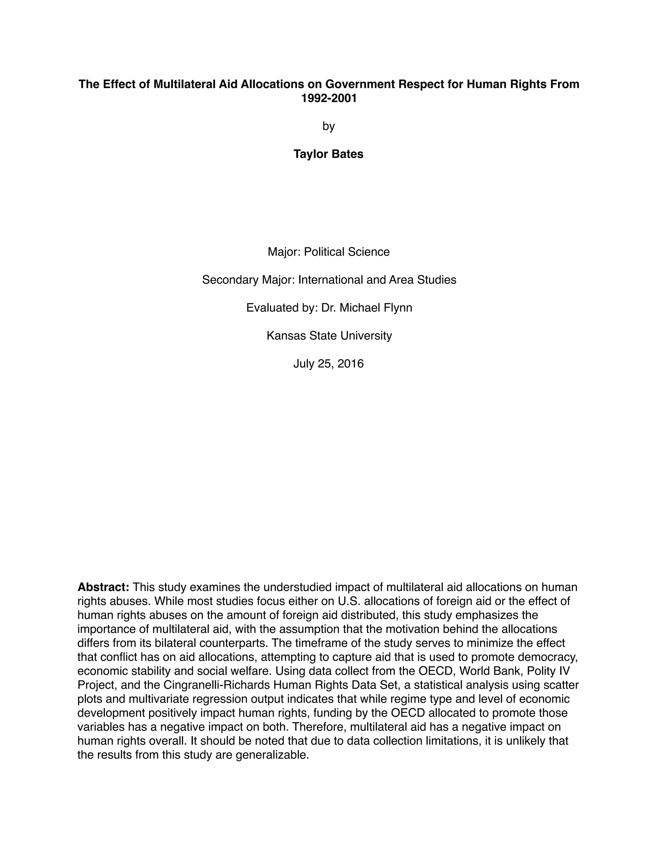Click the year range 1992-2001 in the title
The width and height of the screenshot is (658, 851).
[x=329, y=98]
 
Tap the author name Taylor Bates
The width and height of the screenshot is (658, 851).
[x=328, y=154]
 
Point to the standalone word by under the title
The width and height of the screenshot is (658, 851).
[x=329, y=126]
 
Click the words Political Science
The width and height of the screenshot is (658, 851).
[x=347, y=252]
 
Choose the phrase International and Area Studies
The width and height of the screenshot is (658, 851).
[x=377, y=280]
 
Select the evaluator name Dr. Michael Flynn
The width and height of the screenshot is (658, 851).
[x=366, y=308]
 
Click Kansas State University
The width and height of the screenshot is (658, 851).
[x=329, y=336]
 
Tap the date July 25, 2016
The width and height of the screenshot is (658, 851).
[x=328, y=364]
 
